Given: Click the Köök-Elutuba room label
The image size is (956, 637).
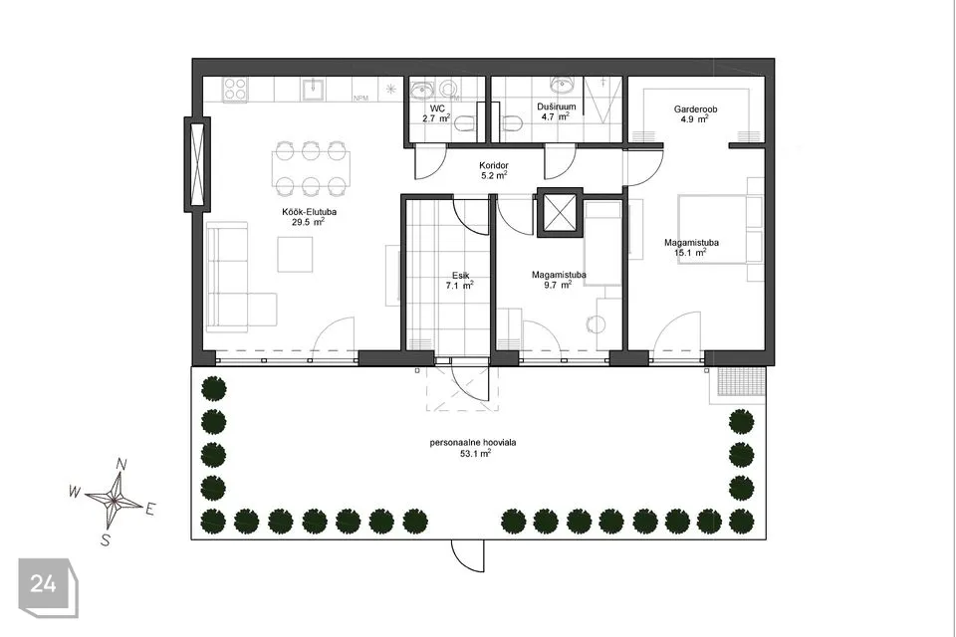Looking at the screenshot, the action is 309,212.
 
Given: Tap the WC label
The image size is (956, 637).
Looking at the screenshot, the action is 437,108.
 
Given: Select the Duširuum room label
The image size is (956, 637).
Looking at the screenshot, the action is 556,106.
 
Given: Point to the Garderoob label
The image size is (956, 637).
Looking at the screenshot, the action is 695,109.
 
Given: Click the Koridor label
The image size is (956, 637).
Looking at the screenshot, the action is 494,165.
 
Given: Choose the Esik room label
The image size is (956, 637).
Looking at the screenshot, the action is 460,276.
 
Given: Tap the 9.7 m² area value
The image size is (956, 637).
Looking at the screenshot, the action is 558,285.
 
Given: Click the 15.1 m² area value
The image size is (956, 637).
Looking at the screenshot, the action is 691,252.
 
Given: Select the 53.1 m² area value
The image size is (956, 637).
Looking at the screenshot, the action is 476,453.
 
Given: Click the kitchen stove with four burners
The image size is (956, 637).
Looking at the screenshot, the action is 236,89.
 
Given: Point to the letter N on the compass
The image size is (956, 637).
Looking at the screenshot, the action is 121,465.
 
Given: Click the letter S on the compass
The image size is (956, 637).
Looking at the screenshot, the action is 105,539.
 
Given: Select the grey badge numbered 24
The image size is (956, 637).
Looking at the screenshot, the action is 48,587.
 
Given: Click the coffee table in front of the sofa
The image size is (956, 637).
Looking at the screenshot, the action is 295,254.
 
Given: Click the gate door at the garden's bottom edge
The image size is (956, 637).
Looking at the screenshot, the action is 468,555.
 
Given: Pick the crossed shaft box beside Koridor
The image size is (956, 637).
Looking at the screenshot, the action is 560,213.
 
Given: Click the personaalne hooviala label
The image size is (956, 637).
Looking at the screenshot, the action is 473,443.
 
